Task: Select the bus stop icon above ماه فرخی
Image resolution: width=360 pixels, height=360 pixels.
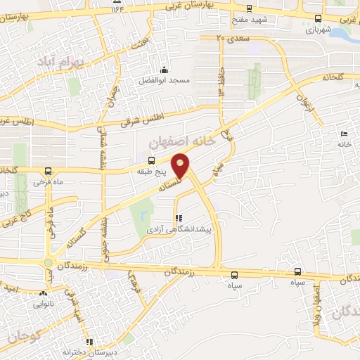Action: click(47, 172)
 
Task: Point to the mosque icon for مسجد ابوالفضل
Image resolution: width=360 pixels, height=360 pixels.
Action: click(164, 70)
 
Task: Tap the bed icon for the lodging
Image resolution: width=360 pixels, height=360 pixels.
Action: click(344, 134)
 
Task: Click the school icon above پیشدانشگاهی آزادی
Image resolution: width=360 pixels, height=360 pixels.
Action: click(177, 219)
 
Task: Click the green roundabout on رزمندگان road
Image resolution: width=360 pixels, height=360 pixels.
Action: click(47, 264)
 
